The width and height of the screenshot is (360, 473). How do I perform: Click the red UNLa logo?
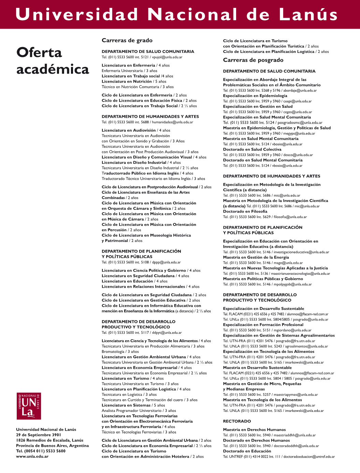click(29, 406)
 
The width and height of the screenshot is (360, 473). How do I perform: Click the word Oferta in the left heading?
click(39, 53)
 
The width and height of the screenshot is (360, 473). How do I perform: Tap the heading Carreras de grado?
click(127, 40)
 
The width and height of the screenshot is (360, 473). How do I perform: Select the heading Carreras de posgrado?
click(253, 60)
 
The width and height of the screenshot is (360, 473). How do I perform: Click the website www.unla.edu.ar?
click(32, 456)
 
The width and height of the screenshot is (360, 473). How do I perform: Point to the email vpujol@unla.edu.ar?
click(167, 57)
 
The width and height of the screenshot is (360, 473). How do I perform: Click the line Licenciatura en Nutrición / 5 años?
click(134, 82)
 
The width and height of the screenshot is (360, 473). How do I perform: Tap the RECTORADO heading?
click(237, 421)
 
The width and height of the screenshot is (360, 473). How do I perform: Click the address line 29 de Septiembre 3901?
click(38, 435)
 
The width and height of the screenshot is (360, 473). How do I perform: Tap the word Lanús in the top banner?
click(308, 15)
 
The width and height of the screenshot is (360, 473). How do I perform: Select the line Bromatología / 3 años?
click(120, 352)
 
